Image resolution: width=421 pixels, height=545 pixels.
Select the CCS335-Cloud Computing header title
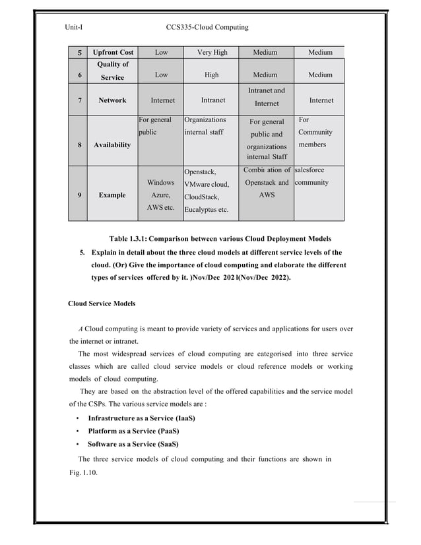click(208, 27)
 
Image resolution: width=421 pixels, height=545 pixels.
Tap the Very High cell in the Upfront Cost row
click(212, 52)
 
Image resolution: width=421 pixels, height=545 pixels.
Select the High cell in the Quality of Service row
click(212, 75)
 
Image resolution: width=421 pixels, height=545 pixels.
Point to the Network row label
click(112, 101)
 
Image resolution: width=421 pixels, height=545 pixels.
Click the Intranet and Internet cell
click(266, 97)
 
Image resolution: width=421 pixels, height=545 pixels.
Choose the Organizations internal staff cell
click(205, 126)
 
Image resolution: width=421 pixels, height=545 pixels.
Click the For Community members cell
click(315, 132)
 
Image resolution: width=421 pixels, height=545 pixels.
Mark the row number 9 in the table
click(80, 195)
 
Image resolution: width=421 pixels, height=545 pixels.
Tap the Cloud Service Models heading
click(102, 304)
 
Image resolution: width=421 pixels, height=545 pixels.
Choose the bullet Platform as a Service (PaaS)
click(133, 431)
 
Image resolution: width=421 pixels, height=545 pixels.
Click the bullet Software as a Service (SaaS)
click(133, 443)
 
